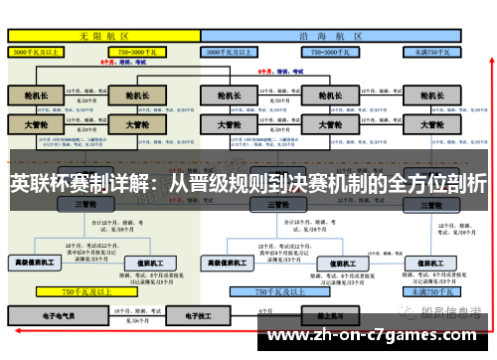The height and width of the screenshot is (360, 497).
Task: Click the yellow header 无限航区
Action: click(x=100, y=35)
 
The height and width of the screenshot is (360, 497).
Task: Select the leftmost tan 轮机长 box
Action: click(x=36, y=94)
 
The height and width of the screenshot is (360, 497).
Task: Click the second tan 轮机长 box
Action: click(x=131, y=94)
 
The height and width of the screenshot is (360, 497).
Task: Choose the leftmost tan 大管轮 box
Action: click(x=36, y=126)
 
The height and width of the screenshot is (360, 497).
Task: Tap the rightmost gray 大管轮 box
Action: click(x=431, y=126)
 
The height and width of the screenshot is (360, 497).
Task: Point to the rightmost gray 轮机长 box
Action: click(x=431, y=94)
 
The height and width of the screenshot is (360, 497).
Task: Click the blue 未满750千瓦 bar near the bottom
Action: click(x=431, y=291)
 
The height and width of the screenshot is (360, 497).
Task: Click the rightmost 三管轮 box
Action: click(x=431, y=204)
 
